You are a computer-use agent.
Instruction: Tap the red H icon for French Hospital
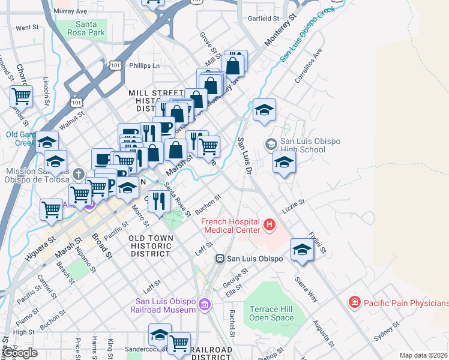(x=270, y=225)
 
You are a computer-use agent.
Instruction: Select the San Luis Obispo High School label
(x=310, y=145)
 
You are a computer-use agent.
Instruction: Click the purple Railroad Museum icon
(x=206, y=305)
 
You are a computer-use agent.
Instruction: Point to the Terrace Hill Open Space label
(x=271, y=313)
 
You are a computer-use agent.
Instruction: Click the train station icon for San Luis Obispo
(x=220, y=259)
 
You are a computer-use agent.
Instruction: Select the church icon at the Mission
(x=77, y=175)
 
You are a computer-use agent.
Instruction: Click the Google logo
(x=20, y=353)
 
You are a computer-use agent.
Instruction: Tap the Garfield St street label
(x=264, y=19)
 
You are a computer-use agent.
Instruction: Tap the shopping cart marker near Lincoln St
(x=22, y=95)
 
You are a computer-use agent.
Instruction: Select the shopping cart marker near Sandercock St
(x=178, y=343)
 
